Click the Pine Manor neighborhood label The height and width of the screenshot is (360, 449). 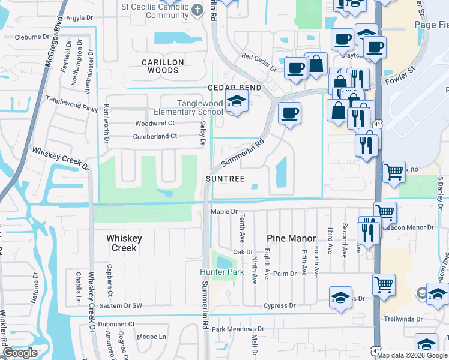click(x=291, y=238)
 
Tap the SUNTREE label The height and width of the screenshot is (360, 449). click(x=225, y=179)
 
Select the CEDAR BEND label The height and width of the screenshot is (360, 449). click(x=234, y=88)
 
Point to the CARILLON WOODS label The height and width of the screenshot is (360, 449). click(x=160, y=66)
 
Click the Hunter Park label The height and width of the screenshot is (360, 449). click(x=222, y=272)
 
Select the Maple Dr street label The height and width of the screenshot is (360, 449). click(x=224, y=212)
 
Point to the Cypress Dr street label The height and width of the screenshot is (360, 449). click(x=280, y=305)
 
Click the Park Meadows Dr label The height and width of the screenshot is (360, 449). click(x=238, y=329)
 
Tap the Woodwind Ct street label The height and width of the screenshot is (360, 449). click(x=154, y=123)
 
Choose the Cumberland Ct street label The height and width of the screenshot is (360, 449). click(x=155, y=136)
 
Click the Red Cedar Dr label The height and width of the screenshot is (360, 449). click(x=259, y=62)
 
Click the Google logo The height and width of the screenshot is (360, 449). click(x=19, y=353)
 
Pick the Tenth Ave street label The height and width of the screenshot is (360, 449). click(x=243, y=231)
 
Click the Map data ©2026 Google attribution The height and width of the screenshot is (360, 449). click(x=412, y=355)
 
